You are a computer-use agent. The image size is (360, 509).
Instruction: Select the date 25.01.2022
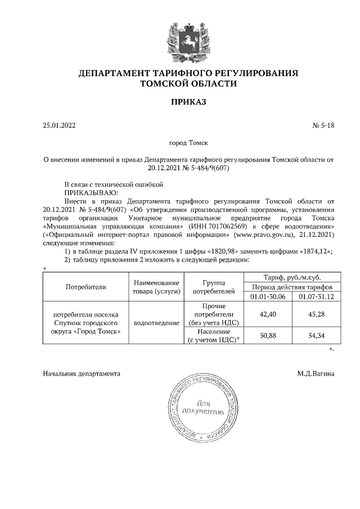pyautogui.click(x=58, y=125)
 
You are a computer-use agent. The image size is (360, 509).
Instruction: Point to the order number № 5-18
pyautogui.click(x=323, y=125)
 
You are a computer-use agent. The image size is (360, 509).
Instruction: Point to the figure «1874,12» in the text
pyautogui.click(x=310, y=251)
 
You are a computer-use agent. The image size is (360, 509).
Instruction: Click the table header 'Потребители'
pyautogui.click(x=86, y=286)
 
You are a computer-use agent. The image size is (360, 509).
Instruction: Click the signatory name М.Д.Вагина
pyautogui.click(x=316, y=373)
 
